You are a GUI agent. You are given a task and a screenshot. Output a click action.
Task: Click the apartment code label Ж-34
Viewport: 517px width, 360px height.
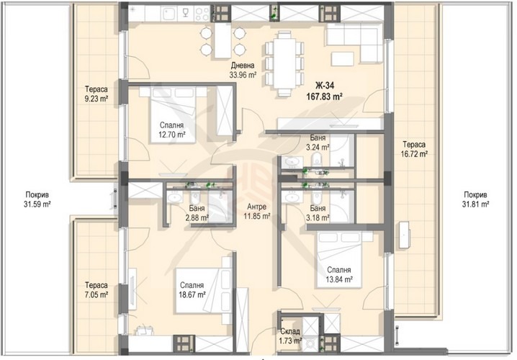[325, 86]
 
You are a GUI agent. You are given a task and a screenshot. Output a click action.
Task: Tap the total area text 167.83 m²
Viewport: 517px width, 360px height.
[325, 96]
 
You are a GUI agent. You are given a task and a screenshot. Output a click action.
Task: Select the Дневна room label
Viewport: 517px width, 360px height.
[243, 65]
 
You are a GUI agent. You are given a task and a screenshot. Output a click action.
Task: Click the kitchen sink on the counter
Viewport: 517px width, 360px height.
[169, 14]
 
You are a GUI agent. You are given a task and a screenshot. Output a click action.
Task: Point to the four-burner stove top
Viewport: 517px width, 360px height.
[202, 14]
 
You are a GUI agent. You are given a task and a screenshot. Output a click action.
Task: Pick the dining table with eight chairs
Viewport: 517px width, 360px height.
[284, 63]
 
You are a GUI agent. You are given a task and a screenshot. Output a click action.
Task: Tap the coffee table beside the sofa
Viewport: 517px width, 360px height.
[343, 60]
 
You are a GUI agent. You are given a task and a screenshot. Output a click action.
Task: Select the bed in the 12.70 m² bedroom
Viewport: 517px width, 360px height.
[173, 114]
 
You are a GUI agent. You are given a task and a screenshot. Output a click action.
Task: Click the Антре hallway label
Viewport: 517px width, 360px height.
[256, 207]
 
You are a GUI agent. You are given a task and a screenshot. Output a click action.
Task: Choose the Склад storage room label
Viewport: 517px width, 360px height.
[290, 331]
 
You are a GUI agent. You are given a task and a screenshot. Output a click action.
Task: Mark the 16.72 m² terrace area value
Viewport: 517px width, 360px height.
[414, 153]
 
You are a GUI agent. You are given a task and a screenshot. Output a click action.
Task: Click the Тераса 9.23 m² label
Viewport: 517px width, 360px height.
[96, 94]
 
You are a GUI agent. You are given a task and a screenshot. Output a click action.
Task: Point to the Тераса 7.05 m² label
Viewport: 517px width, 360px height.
[96, 289]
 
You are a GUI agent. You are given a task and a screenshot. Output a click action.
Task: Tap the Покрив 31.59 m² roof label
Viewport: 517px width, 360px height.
[37, 199]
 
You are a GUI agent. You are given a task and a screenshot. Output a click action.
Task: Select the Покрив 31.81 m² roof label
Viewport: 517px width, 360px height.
[475, 199]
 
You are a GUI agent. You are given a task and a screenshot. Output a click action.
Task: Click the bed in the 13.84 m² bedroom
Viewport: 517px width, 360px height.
[339, 260]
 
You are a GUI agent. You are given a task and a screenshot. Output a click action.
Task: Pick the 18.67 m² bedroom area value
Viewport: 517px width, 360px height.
[192, 294]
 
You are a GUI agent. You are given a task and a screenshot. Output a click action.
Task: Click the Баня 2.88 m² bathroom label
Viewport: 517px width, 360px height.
[197, 213]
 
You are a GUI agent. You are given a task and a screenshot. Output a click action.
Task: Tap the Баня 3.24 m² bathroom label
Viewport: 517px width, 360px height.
[318, 143]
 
